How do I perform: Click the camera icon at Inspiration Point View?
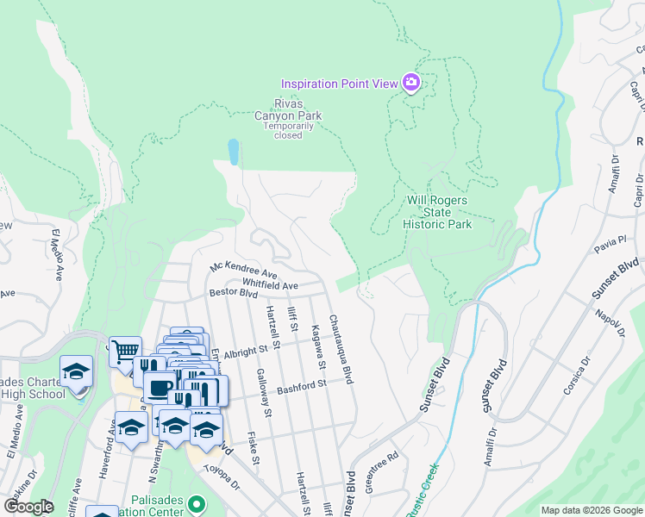(411, 84)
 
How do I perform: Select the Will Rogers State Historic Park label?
(438, 212)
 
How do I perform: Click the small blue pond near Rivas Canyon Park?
(233, 152)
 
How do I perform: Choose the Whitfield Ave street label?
(269, 284)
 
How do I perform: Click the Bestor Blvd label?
(234, 293)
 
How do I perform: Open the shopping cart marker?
(125, 350)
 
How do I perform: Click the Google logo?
(28, 506)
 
